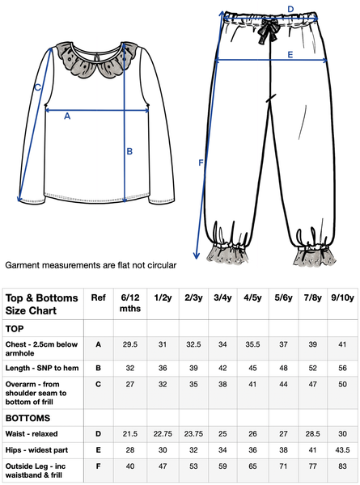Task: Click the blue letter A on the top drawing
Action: tap(67, 116)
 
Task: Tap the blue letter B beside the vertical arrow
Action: tap(129, 151)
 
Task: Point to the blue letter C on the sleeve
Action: tap(37, 87)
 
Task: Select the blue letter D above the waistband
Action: tap(290, 9)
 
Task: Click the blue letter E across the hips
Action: tap(290, 54)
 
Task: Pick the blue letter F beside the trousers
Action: tap(201, 162)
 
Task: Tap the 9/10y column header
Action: tap(342, 297)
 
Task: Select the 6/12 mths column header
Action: tap(130, 303)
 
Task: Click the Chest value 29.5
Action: tap(130, 344)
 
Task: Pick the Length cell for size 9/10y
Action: tap(342, 368)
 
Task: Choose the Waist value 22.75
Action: tap(163, 433)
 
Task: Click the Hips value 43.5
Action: tap(342, 449)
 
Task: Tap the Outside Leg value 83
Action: tap(342, 466)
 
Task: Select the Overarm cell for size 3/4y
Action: tap(222, 384)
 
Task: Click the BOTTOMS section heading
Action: tap(28, 418)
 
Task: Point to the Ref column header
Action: tap(98, 297)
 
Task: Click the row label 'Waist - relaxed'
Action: tap(32, 433)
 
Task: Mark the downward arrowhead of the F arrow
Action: tap(197, 255)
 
